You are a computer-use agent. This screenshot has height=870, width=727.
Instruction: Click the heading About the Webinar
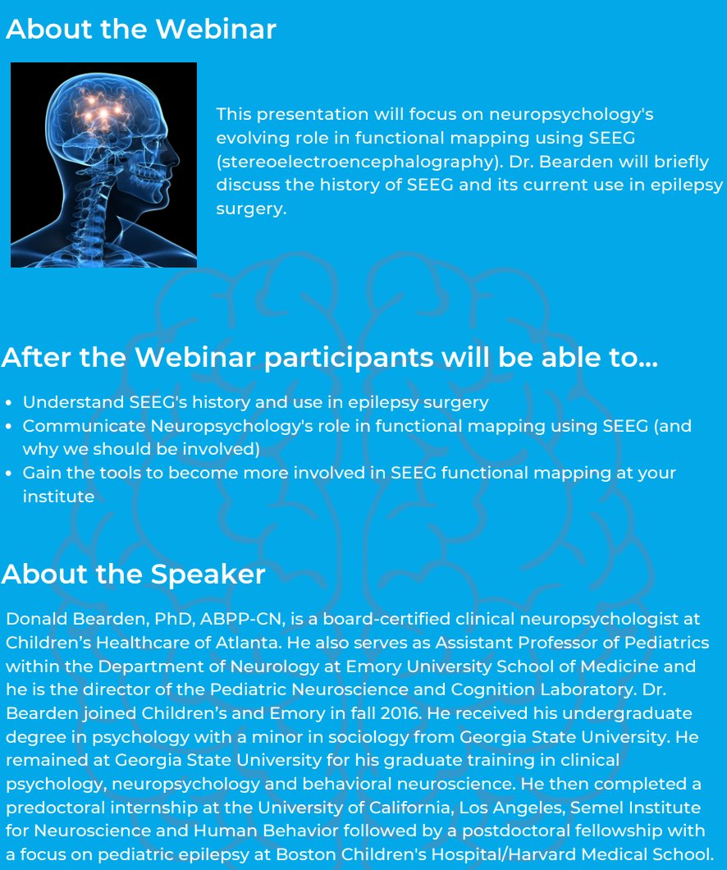(140, 30)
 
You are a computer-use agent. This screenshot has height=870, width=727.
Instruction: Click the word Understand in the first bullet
(73, 402)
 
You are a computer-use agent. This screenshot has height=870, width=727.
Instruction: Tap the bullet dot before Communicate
(9, 427)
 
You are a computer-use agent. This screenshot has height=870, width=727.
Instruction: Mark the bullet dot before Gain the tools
(9, 474)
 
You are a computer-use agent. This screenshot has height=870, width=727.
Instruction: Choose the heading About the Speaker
(133, 574)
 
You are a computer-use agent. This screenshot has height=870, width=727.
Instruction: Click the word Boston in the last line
(303, 854)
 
